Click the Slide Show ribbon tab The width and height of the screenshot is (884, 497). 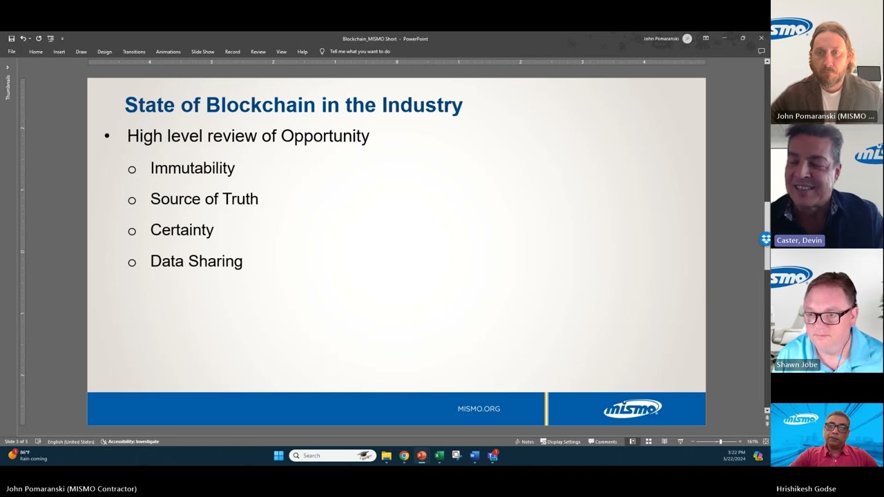point(202,52)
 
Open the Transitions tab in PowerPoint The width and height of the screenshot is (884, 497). point(134,52)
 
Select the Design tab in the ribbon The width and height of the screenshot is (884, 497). point(104,52)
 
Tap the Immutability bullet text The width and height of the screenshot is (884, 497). point(193,168)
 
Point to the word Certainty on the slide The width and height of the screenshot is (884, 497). point(182,230)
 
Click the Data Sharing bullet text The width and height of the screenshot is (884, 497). point(196,262)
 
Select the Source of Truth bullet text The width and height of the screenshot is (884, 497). point(204,199)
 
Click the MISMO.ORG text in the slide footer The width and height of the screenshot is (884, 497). point(479,409)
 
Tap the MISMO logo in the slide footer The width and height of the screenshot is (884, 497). point(632,409)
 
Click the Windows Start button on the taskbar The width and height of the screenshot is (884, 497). point(278,456)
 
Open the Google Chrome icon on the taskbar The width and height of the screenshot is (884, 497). point(404,456)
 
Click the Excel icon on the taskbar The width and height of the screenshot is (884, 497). point(439,456)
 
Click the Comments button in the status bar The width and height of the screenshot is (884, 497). point(602,442)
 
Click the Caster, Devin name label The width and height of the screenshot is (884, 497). point(799,240)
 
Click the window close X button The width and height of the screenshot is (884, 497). point(761,39)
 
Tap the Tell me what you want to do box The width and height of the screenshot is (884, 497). point(360,52)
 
